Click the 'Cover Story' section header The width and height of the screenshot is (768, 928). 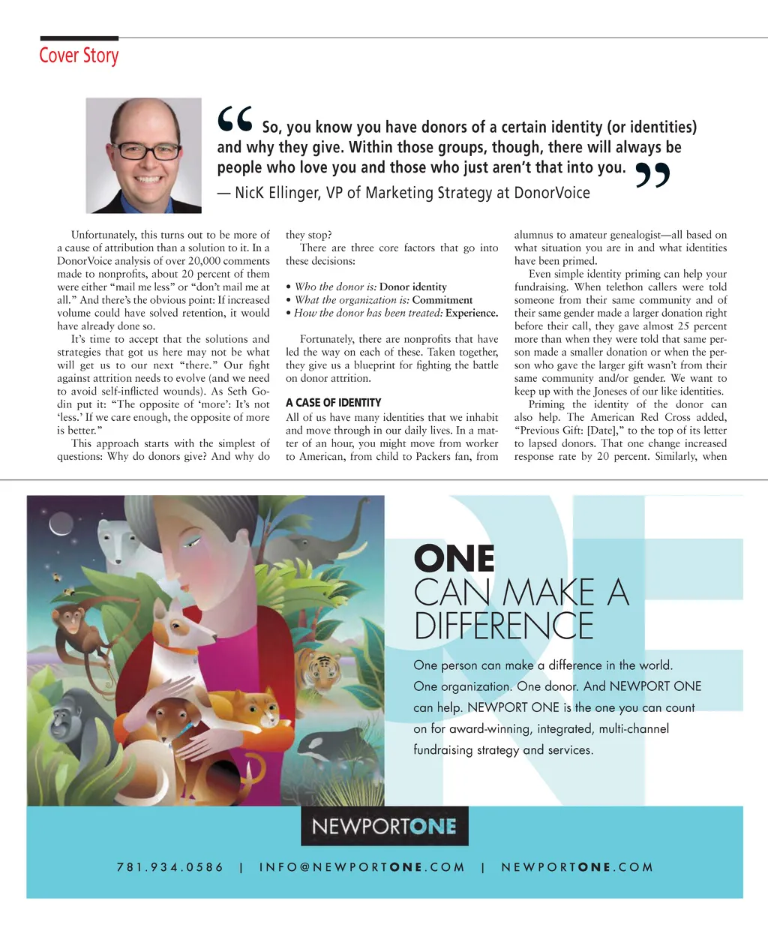(x=79, y=56)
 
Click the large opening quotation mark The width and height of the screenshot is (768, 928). (x=234, y=120)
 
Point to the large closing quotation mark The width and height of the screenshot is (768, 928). (x=652, y=175)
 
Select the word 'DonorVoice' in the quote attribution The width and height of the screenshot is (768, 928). (x=552, y=193)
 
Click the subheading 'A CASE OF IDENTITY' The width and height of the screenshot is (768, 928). (x=333, y=403)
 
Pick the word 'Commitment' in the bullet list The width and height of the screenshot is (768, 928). (x=442, y=300)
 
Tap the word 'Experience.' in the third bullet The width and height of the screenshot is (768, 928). (x=472, y=313)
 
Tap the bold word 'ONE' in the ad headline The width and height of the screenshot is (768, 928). (x=454, y=559)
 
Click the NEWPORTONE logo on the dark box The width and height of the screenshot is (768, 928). (x=384, y=826)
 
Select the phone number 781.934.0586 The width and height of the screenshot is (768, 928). (x=170, y=867)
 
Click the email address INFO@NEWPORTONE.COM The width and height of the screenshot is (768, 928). (x=362, y=867)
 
